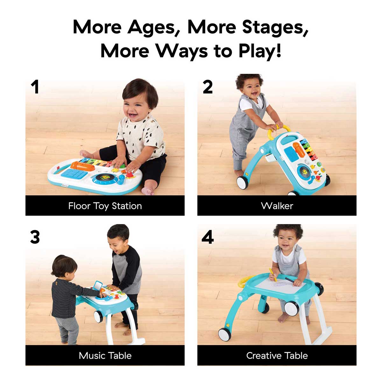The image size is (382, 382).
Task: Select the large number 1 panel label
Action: pyautogui.click(x=35, y=87)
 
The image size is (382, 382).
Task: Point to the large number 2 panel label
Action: pyautogui.click(x=208, y=87)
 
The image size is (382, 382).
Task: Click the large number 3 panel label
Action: pyautogui.click(x=35, y=237)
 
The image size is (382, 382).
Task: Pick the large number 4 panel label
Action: pyautogui.click(x=208, y=237)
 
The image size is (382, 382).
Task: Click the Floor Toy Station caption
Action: pyautogui.click(x=105, y=206)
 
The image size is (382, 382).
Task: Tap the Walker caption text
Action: pyautogui.click(x=277, y=206)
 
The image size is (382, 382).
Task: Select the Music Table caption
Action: pyautogui.click(x=105, y=356)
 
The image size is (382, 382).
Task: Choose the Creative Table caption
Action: pyautogui.click(x=277, y=356)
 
